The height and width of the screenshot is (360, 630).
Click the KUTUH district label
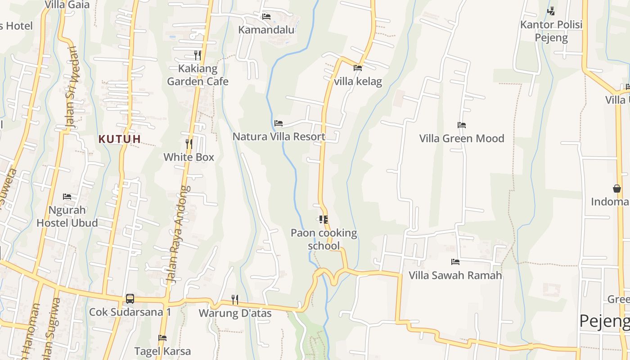click(x=120, y=139)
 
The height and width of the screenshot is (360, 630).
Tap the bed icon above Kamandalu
click(x=266, y=17)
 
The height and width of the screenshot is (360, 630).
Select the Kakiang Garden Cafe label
click(x=198, y=75)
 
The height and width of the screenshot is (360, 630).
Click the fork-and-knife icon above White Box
click(x=189, y=144)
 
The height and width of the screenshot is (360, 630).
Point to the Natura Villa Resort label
click(x=279, y=137)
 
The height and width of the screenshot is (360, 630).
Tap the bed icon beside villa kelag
click(x=358, y=68)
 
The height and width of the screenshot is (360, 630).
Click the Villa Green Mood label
click(x=462, y=139)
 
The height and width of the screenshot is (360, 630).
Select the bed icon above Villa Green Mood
click(x=461, y=125)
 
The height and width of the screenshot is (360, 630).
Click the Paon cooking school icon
click(x=323, y=220)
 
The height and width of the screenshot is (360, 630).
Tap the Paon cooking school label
click(x=324, y=239)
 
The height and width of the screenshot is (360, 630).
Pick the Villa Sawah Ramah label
click(x=455, y=275)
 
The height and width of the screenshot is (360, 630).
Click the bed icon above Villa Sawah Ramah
click(x=455, y=261)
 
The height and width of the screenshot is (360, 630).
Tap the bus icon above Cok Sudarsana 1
click(x=130, y=298)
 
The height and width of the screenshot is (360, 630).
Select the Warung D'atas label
click(x=235, y=313)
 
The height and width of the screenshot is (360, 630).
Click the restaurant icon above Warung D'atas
click(x=234, y=299)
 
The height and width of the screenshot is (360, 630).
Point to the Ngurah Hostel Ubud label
click(x=67, y=216)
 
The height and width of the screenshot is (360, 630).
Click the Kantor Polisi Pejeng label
click(x=551, y=31)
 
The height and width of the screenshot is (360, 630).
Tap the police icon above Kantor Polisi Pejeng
click(x=551, y=10)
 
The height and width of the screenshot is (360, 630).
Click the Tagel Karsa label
click(x=162, y=351)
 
